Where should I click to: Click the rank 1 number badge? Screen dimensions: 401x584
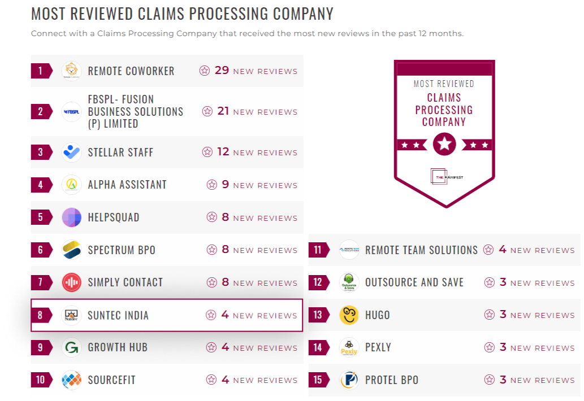pyautogui.click(x=40, y=71)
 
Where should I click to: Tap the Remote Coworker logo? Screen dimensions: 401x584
pyautogui.click(x=72, y=71)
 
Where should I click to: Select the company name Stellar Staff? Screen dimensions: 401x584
pyautogui.click(x=120, y=152)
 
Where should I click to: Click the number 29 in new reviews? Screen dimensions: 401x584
pyautogui.click(x=222, y=71)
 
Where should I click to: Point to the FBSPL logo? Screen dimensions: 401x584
pyautogui.click(x=72, y=112)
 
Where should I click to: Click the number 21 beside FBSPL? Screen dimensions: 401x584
pyautogui.click(x=223, y=111)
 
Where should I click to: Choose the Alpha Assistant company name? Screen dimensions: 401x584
pyautogui.click(x=127, y=185)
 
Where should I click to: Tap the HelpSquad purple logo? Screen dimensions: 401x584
pyautogui.click(x=72, y=217)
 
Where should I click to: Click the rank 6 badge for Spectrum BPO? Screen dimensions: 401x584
pyautogui.click(x=40, y=250)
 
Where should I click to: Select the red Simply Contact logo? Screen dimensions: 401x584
pyautogui.click(x=72, y=282)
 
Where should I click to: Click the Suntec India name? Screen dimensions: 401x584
pyautogui.click(x=118, y=315)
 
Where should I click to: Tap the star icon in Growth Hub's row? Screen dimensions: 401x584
pyautogui.click(x=211, y=347)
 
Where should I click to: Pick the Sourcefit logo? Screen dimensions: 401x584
pyautogui.click(x=72, y=380)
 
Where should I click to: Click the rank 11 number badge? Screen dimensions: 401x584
pyautogui.click(x=318, y=250)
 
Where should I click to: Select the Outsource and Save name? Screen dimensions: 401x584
pyautogui.click(x=414, y=282)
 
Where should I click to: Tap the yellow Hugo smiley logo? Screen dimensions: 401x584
pyautogui.click(x=349, y=315)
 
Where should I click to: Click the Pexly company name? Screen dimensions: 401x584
pyautogui.click(x=378, y=347)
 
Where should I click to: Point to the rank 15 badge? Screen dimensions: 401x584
pyautogui.click(x=318, y=380)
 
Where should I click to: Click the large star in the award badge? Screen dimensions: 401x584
pyautogui.click(x=444, y=145)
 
